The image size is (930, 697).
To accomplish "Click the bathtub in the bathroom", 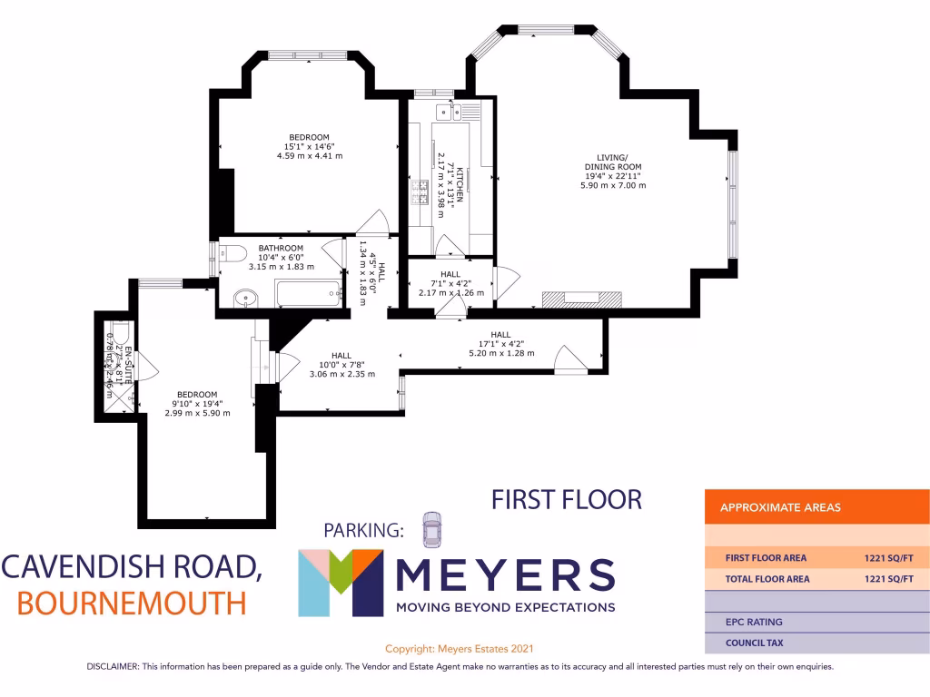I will click(308, 293).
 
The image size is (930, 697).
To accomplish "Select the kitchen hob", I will click(421, 191).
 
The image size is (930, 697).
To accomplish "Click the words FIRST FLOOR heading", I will click(566, 499).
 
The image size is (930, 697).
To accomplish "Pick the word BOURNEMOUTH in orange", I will click(133, 602).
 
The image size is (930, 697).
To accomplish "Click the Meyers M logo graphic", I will click(341, 583).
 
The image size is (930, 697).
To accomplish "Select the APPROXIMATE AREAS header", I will click(780, 507).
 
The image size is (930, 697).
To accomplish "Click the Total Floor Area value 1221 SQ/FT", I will click(888, 578).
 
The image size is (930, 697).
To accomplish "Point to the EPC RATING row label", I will click(753, 622).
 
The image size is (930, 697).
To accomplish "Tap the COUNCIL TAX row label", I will click(754, 643).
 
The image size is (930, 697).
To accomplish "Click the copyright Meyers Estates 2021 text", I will click(460, 649).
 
